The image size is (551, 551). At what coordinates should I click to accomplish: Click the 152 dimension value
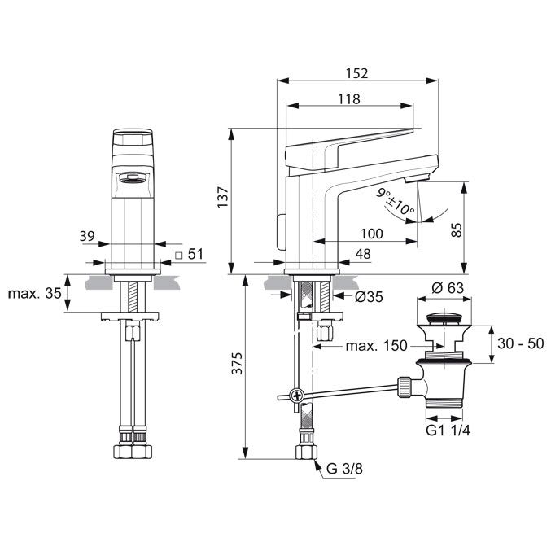tap(356, 73)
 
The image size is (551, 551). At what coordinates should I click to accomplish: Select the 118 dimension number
tap(349, 99)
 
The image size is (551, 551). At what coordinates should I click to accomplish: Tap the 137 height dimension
tap(224, 198)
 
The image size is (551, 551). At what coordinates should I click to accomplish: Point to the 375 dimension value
tap(238, 363)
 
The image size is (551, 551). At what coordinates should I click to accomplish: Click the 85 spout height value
tap(457, 230)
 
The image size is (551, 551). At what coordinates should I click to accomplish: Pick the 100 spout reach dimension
tap(372, 234)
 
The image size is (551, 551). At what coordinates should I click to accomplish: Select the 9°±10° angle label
tap(396, 202)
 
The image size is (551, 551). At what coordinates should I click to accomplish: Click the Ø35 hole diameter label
tap(369, 297)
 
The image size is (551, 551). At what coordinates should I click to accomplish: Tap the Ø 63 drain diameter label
tap(448, 288)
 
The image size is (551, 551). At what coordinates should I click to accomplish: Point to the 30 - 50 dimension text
tap(520, 343)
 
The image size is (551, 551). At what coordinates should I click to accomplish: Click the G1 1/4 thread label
tap(448, 430)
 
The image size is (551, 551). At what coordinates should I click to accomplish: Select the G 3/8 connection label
tap(344, 469)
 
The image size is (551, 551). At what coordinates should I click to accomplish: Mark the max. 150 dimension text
tap(376, 346)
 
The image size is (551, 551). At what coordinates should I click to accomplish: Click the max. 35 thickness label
tap(35, 293)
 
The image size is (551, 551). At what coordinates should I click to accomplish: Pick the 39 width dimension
tap(87, 236)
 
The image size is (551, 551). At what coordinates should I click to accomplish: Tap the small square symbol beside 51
tap(179, 256)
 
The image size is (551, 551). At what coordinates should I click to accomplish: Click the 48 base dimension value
tap(363, 254)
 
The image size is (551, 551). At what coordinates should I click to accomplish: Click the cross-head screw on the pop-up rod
tap(297, 396)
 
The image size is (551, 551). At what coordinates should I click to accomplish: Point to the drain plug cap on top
tap(444, 318)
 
